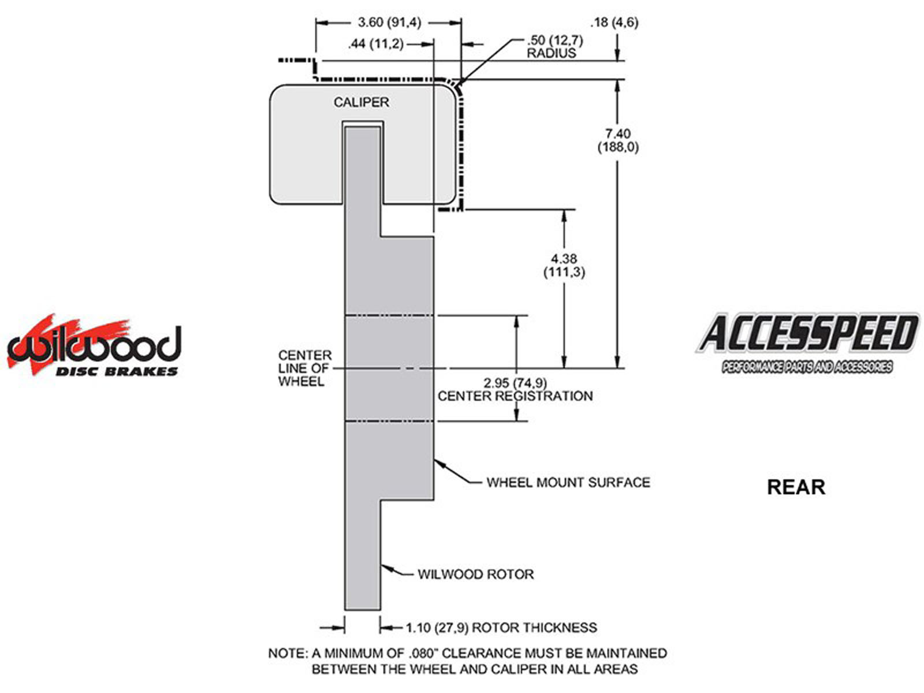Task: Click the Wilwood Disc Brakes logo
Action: coord(94,346)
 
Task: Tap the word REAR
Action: coord(795,487)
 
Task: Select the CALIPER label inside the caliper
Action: coord(361,102)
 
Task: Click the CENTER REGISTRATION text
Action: coord(515,396)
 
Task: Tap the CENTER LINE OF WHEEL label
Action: coord(304,368)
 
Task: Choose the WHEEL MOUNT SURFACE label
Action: coord(568,482)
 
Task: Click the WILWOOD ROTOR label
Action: coord(475,574)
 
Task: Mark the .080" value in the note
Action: coord(425,654)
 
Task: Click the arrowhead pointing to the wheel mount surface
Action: coord(438,462)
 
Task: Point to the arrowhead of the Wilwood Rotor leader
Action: coord(385,568)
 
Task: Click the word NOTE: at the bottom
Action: coord(288,654)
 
